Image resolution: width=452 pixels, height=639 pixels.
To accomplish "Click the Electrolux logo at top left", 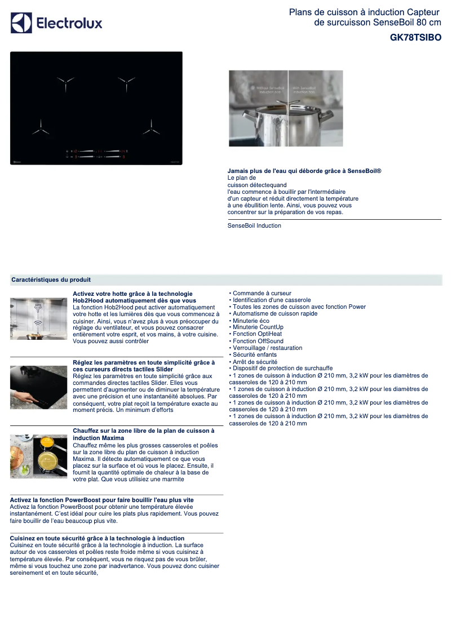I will click(56, 23).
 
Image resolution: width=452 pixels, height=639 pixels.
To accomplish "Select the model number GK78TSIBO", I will click(415, 38).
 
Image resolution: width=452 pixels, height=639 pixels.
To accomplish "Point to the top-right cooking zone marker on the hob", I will click(126, 83).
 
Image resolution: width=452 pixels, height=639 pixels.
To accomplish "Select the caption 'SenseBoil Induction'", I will click(254, 225).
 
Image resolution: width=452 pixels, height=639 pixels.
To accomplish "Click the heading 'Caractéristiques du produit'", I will click(51, 279).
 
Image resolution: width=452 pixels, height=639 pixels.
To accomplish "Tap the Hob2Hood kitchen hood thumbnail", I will click(38, 318).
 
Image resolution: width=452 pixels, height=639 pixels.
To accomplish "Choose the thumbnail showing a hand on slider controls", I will click(38, 387).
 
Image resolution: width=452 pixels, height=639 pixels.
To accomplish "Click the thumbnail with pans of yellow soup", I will click(38, 456).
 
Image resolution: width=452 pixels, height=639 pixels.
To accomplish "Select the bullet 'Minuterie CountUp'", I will click(258, 327).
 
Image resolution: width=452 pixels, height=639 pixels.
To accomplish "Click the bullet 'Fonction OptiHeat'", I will click(257, 334).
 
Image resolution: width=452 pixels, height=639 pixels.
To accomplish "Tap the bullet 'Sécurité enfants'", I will click(254, 354).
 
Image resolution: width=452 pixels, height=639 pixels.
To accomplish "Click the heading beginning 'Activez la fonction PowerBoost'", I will click(102, 500).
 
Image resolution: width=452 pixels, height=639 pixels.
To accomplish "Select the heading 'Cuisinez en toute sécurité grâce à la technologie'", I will click(98, 538).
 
